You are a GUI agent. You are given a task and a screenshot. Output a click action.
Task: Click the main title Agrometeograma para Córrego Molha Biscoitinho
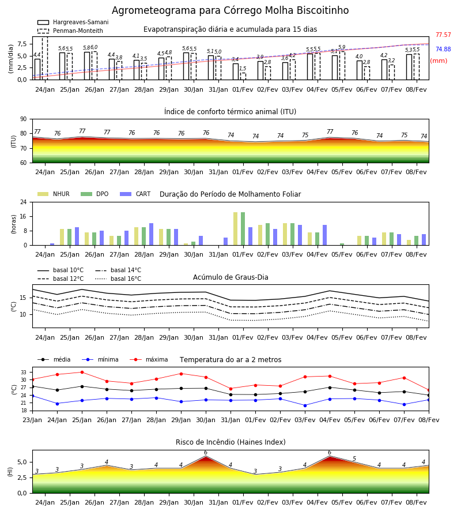pyautogui.click(x=230, y=10)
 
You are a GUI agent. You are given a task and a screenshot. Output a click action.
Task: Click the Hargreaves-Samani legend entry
pyautogui.click(x=73, y=22)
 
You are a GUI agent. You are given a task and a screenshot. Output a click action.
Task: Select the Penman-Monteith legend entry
pyautogui.click(x=70, y=31)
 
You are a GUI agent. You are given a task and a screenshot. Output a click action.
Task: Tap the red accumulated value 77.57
pyautogui.click(x=443, y=35)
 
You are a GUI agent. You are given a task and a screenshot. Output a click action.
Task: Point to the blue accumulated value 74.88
pyautogui.click(x=443, y=49)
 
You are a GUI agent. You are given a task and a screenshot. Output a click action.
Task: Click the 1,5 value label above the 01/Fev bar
pyautogui.click(x=243, y=69)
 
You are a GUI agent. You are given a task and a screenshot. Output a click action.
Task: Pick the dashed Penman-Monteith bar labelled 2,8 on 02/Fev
pyautogui.click(x=267, y=73)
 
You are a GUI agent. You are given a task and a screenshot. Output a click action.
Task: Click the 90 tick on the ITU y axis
pyautogui.click(x=24, y=119)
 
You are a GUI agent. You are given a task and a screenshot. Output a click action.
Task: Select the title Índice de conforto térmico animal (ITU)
pyautogui.click(x=230, y=111)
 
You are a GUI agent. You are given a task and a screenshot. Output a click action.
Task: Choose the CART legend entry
pyautogui.click(x=135, y=194)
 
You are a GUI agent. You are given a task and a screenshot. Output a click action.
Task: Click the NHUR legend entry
pyautogui.click(x=54, y=194)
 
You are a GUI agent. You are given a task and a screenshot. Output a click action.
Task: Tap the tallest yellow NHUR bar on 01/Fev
pyautogui.click(x=236, y=229)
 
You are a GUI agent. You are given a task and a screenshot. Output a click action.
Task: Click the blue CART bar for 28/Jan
pyautogui.click(x=151, y=234)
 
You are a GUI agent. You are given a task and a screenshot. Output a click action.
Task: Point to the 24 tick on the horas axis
pyautogui.click(x=24, y=202)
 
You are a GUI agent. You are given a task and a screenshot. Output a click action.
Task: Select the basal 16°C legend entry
pyautogui.click(x=118, y=279)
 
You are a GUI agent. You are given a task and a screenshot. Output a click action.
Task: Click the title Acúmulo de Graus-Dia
pyautogui.click(x=231, y=277)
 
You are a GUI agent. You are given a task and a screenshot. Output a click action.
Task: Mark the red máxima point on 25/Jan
pyautogui.click(x=82, y=372)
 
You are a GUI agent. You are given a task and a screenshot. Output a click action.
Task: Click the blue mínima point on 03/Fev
pyautogui.click(x=305, y=405)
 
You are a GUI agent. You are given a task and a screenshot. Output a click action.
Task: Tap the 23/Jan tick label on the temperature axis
pyautogui.click(x=32, y=420)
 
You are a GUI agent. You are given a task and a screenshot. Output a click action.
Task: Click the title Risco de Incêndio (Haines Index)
pyautogui.click(x=231, y=442)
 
